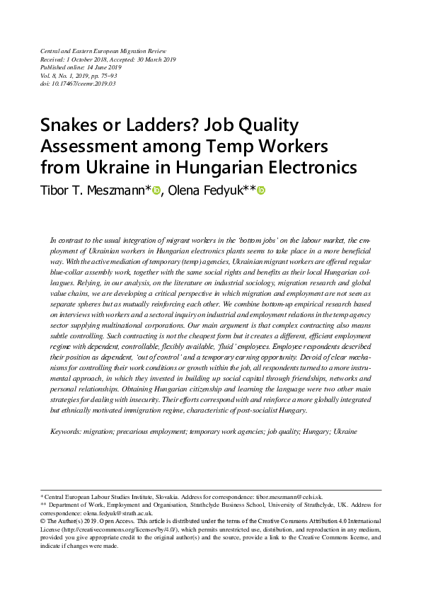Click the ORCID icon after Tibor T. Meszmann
[156, 190]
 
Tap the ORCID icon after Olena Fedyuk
[260, 190]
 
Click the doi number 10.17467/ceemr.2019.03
[85, 84]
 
